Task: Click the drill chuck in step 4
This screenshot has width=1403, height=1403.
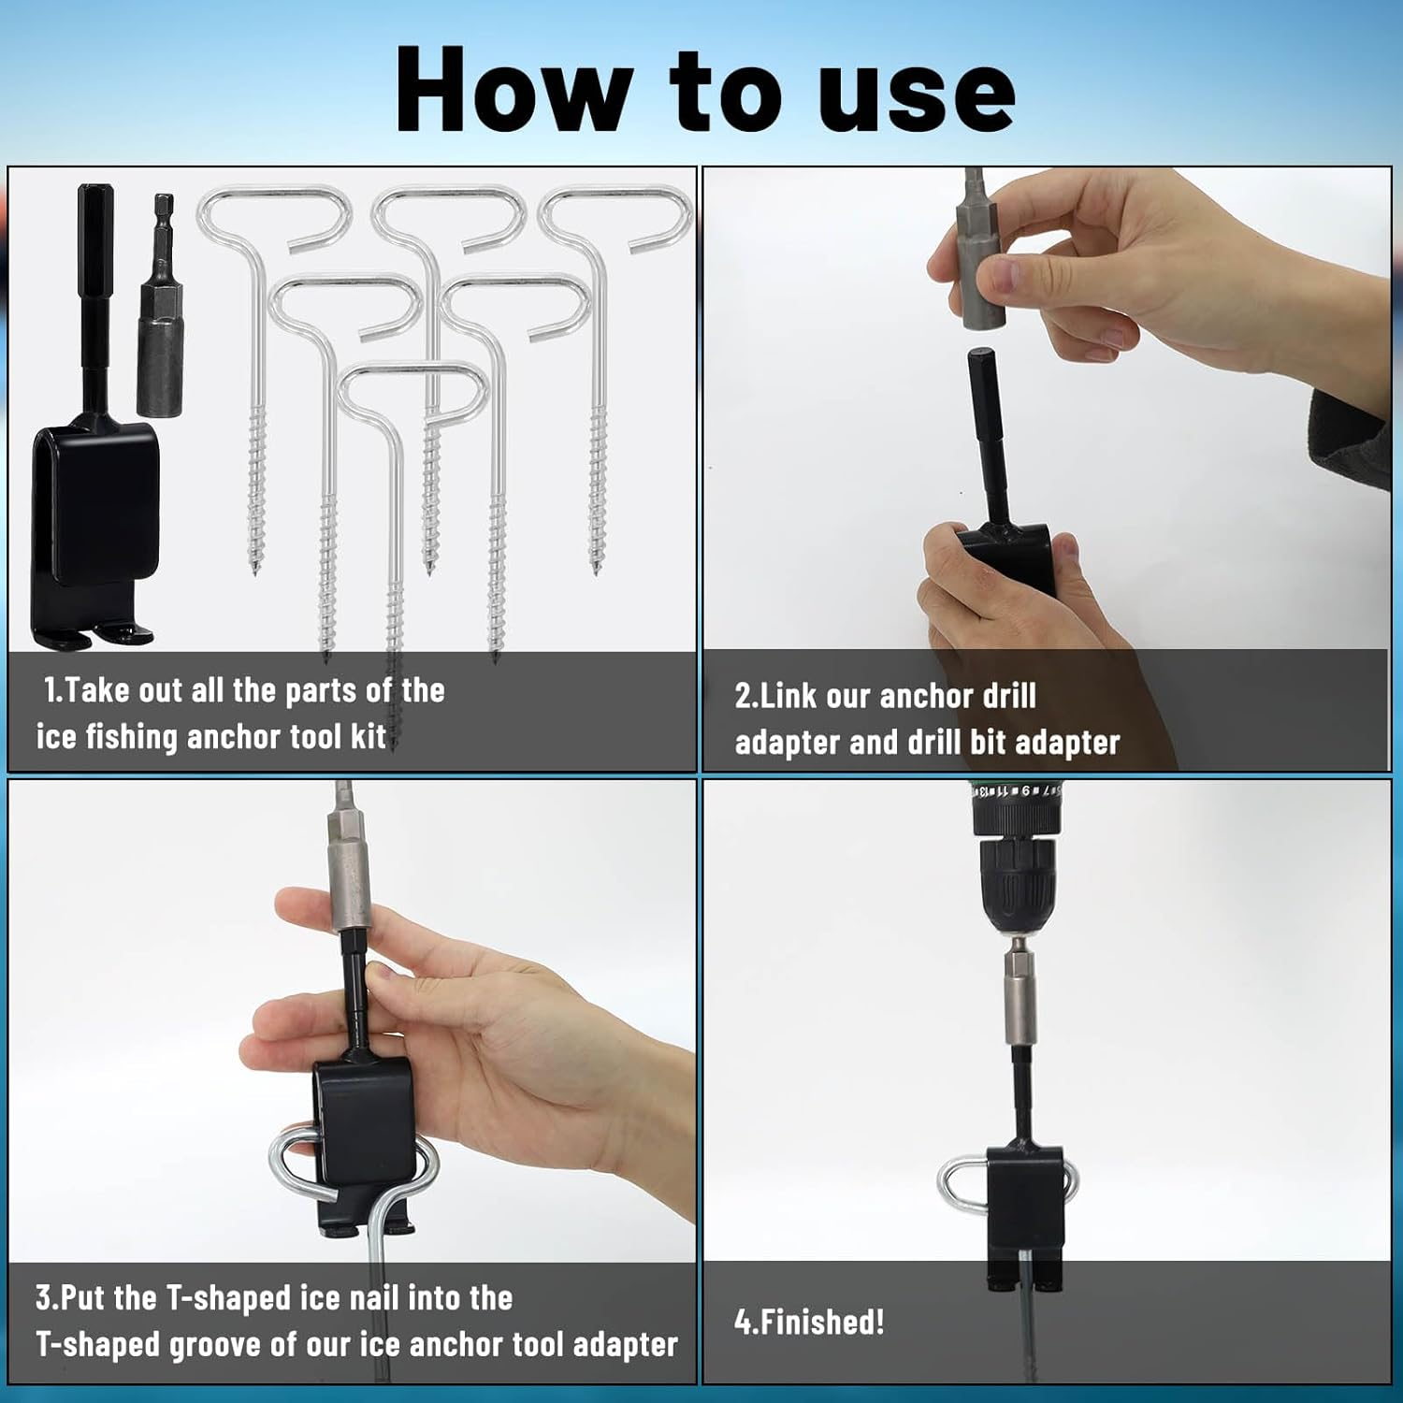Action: coord(1019,884)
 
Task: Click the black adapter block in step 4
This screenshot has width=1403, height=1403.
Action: coord(1026,1207)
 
